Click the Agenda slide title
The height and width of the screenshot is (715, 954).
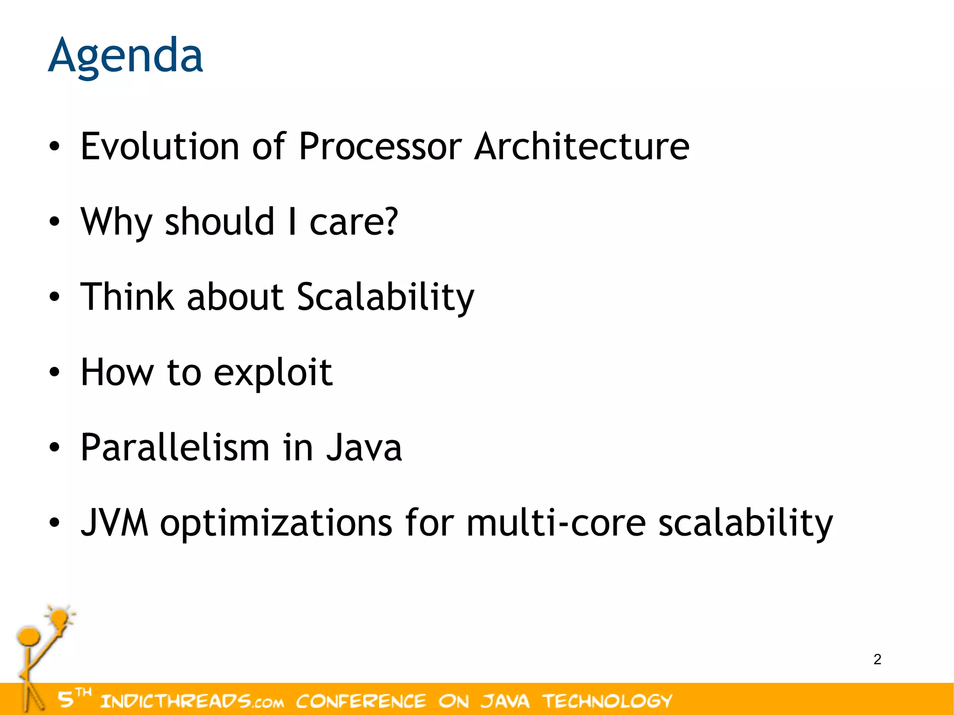(125, 56)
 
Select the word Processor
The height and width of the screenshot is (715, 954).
(380, 146)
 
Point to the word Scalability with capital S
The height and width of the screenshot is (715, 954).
(385, 297)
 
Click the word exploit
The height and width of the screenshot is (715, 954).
(273, 373)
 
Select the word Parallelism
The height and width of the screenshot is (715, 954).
(175, 447)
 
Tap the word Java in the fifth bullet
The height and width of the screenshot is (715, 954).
(363, 447)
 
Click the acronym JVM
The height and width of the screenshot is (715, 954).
(115, 523)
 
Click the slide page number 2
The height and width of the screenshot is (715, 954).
(877, 659)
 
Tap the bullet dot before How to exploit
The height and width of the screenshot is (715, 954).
(55, 373)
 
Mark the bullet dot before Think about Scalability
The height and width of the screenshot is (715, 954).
(55, 297)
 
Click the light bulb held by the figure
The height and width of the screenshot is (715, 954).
(60, 619)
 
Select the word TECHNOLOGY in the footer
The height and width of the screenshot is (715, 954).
(607, 701)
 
